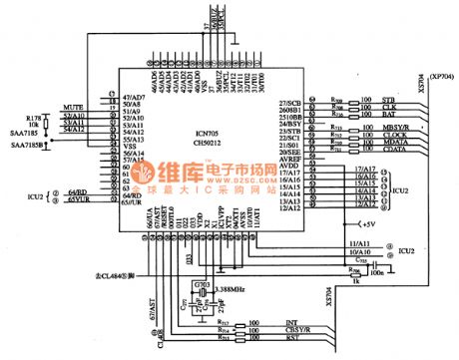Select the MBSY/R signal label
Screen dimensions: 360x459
394,129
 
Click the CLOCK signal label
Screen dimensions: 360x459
393,137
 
